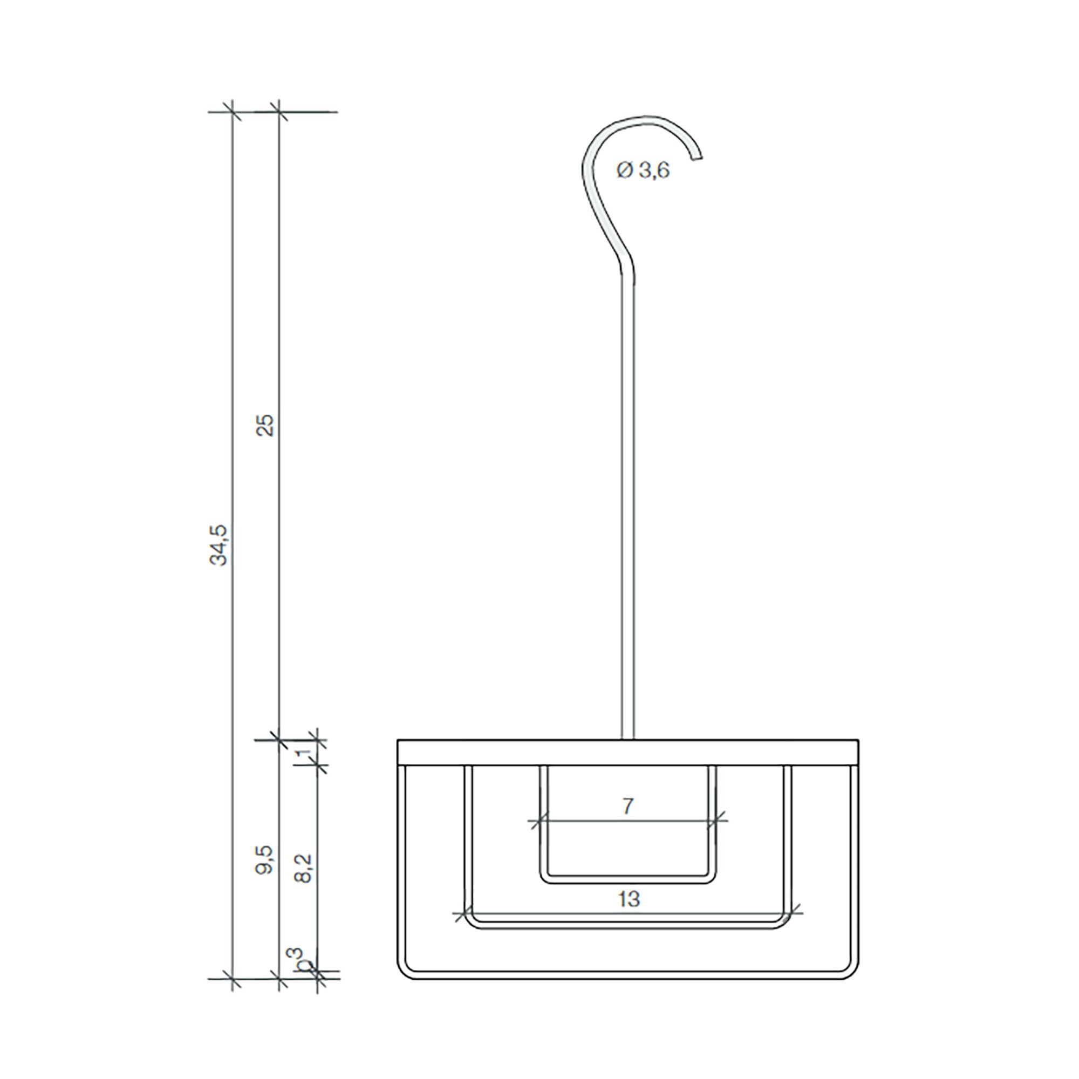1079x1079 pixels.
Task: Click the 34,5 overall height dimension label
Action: [219, 545]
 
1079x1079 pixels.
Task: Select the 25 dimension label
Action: [267, 425]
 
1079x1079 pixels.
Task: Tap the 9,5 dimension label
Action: [267, 859]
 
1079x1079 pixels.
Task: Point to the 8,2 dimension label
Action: [305, 868]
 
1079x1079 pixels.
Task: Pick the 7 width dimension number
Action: [628, 807]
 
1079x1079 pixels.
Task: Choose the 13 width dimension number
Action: [629, 899]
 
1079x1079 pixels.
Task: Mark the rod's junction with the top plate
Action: [629, 740]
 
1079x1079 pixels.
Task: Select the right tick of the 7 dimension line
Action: [719, 822]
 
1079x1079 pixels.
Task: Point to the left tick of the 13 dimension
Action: [461, 915]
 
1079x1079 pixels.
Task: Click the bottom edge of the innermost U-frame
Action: [628, 883]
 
